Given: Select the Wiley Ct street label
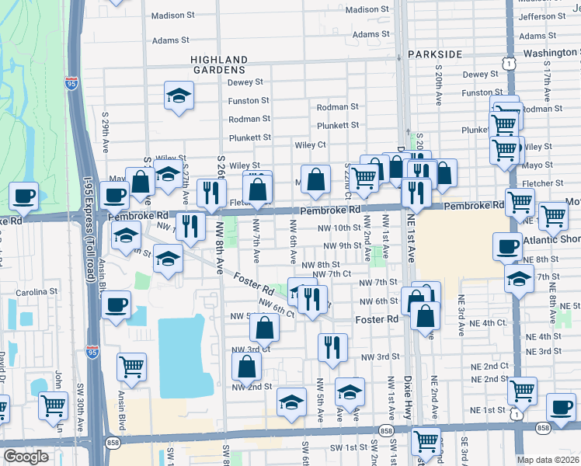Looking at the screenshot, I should click(310, 144).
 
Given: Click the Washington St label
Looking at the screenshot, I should click(551, 53).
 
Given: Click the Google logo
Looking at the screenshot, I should click(26, 457).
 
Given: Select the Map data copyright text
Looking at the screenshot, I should click(548, 460).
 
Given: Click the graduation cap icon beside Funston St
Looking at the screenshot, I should click(179, 96).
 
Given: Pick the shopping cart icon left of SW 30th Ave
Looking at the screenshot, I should click(54, 403).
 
